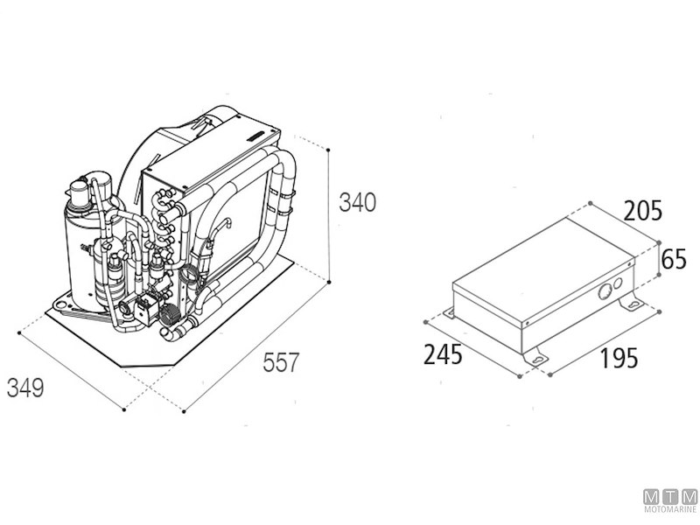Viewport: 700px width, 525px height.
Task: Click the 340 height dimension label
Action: tap(357, 202)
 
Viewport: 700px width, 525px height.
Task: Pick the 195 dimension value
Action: tap(619, 358)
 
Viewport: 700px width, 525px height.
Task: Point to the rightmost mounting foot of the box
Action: tap(633, 304)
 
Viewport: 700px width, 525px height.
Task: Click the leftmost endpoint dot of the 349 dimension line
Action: tap(19, 332)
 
